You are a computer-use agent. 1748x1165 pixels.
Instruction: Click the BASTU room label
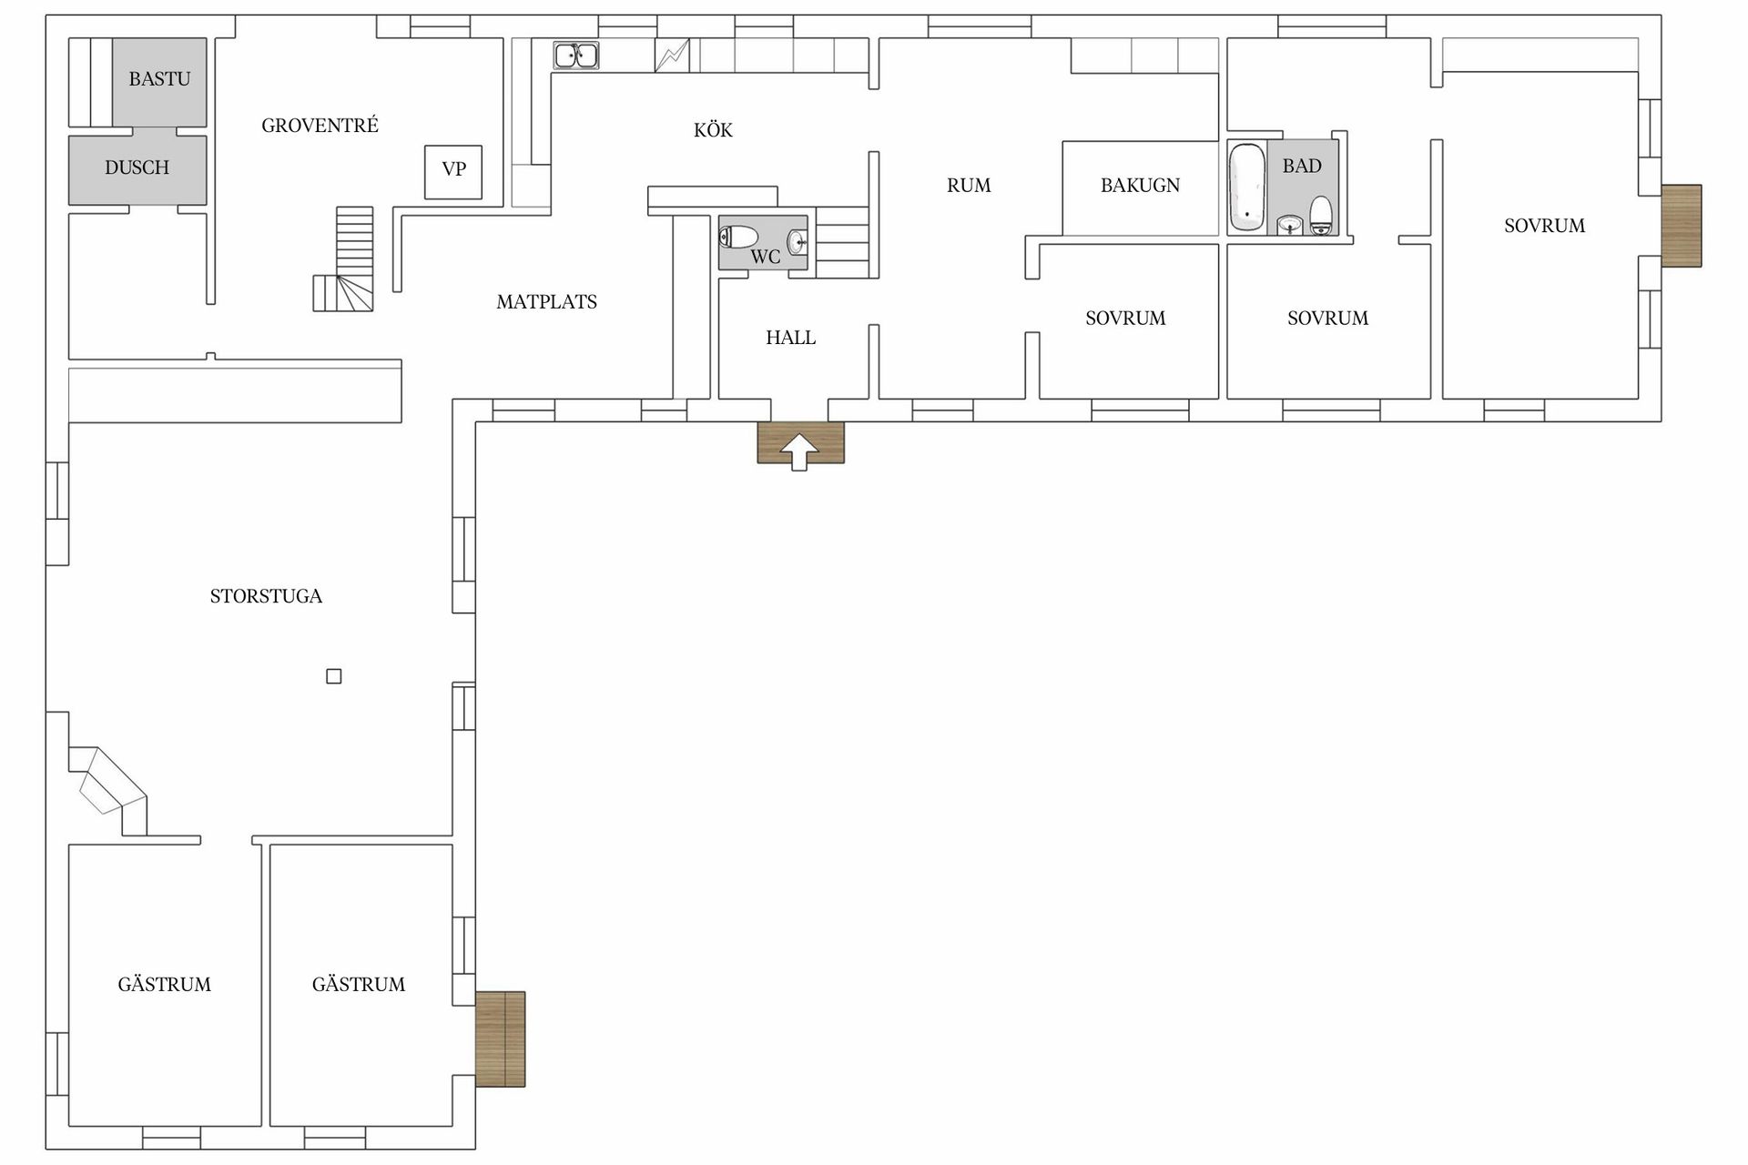pos(159,79)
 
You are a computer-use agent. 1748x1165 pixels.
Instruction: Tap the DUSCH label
pos(137,167)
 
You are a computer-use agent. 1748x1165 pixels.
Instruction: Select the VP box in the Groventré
pos(453,171)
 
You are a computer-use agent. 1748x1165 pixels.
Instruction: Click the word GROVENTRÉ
pos(320,126)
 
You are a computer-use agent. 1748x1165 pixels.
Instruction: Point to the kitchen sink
pos(576,56)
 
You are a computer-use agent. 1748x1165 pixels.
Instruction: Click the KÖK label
pos(713,130)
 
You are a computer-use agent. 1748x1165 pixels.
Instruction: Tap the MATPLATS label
pos(546,302)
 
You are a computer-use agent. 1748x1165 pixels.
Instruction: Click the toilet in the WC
pos(738,238)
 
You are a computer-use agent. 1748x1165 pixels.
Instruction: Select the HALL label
pos(790,338)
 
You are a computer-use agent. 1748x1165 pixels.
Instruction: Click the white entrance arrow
pos(799,451)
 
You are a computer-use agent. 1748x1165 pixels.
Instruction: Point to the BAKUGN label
pos(1140,186)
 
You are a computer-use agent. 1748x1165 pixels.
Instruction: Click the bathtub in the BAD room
pos(1246,187)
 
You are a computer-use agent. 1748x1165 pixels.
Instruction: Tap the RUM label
pos(969,186)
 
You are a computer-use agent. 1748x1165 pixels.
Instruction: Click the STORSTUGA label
pos(266,596)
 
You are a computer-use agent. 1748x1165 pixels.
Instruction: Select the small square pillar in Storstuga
pos(334,676)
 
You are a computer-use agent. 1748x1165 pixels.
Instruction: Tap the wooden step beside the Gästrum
pos(501,1038)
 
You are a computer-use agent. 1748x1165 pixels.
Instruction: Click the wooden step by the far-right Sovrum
pos(1682,226)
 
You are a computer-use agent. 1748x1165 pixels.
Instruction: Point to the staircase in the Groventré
pos(344,259)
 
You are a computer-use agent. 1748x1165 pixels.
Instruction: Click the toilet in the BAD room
pos(1321,215)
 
